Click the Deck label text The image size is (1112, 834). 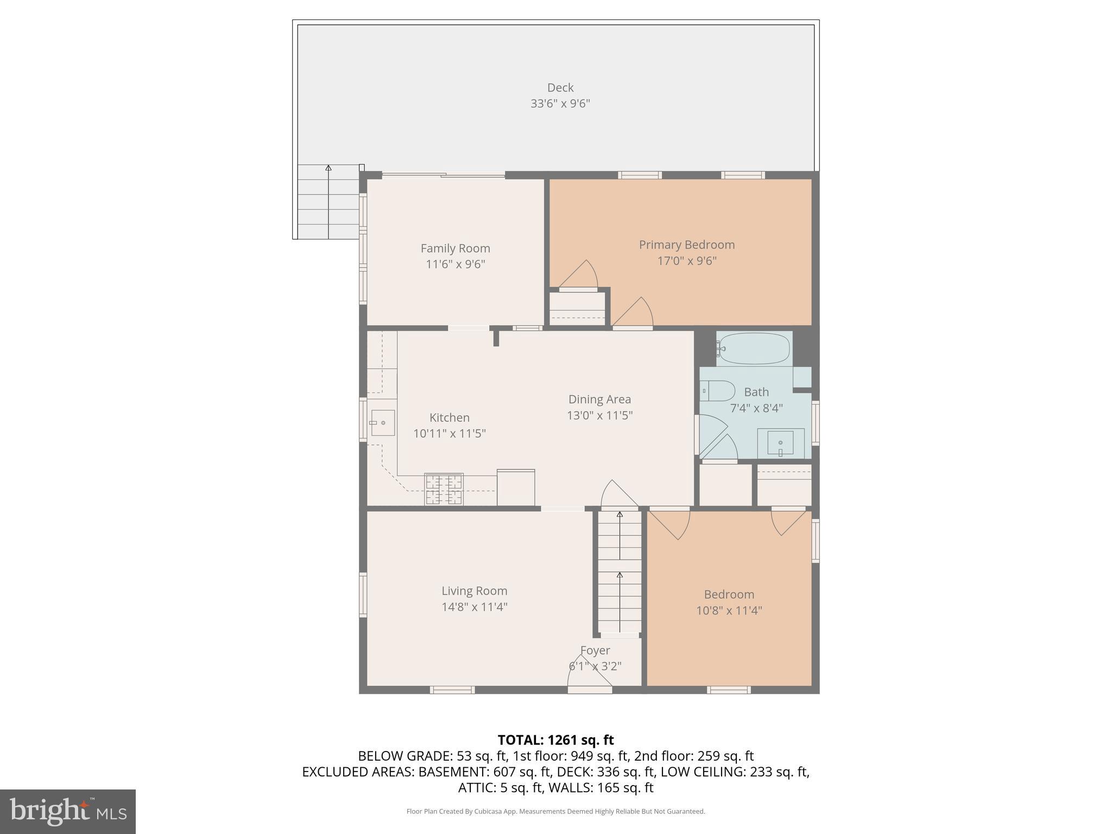tap(560, 87)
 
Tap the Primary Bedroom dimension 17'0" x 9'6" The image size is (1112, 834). tap(686, 261)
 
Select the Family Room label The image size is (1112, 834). tap(455, 248)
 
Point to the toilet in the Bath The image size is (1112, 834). tap(717, 390)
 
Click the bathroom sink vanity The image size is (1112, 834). tap(780, 443)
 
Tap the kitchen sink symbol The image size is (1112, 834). tap(382, 422)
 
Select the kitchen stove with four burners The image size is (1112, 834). tap(444, 489)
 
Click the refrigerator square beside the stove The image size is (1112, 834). tap(515, 487)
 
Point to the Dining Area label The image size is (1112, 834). tap(599, 399)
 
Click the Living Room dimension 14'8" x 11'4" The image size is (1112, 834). tap(474, 606)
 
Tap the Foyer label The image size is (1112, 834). tap(595, 650)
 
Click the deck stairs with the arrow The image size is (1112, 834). tap(328, 202)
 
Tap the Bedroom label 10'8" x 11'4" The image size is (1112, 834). tap(729, 602)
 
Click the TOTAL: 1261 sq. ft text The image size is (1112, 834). tap(555, 740)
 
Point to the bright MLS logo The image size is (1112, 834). tap(67, 811)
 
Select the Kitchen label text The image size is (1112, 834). tap(449, 418)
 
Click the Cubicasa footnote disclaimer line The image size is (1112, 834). tap(555, 811)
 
